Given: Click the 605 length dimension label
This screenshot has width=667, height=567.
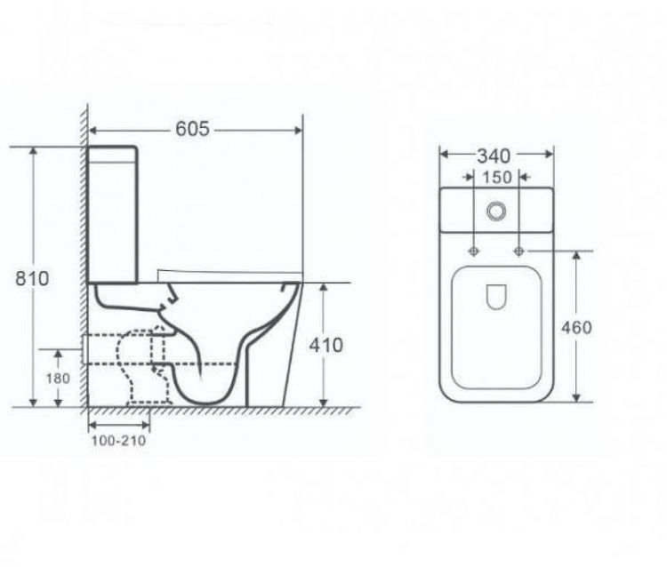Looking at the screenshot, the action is (193, 129).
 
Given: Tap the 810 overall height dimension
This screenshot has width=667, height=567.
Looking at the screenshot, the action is (32, 278).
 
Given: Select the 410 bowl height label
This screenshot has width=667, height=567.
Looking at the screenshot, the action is (325, 345).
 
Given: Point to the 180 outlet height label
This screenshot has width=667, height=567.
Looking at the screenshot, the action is (58, 378).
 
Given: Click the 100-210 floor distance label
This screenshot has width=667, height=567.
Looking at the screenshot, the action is (118, 440).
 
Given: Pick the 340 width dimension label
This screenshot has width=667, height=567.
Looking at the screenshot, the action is (494, 156).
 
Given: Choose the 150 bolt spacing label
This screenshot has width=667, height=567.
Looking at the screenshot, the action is (496, 177).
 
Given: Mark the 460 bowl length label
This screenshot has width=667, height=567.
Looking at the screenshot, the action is (576, 327).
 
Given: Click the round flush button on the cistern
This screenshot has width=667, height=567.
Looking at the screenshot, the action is (496, 211).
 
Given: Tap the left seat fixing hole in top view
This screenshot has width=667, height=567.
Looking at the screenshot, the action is (473, 252).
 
